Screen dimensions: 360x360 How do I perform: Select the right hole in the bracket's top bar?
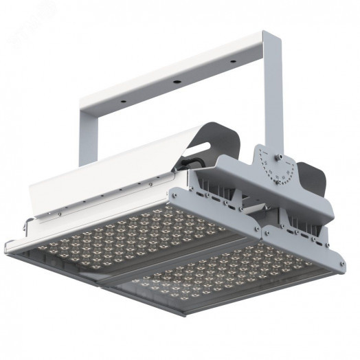tap(232, 63)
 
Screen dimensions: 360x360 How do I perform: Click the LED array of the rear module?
tap(131, 234)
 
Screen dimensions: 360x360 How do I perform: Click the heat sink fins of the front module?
tap(302, 220)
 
